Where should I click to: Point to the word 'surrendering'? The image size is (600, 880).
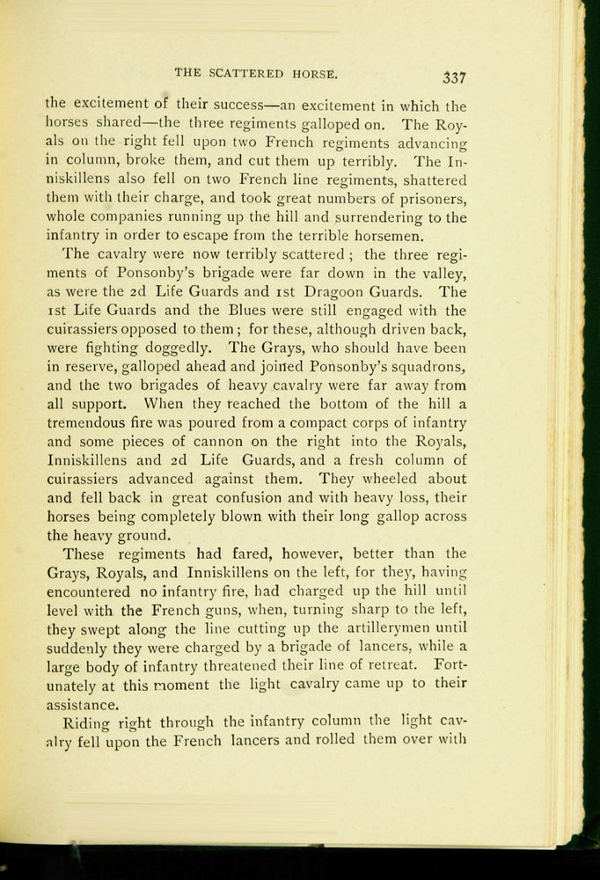pyautogui.click(x=357, y=217)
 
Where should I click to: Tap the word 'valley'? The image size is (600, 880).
pyautogui.click(x=442, y=274)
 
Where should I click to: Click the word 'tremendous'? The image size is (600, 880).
pyautogui.click(x=89, y=422)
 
